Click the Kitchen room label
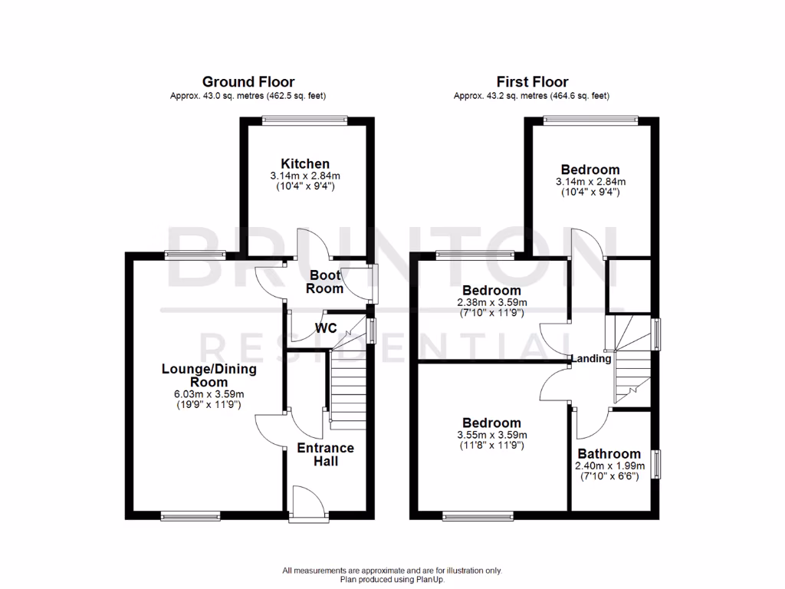tap(305, 163)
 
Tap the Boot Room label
tap(324, 281)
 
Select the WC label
tap(327, 328)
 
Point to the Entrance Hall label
tap(326, 454)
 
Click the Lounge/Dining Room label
tap(209, 375)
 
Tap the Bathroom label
tap(609, 453)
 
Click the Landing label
tap(591, 358)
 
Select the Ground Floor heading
tap(248, 81)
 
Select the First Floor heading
tap(532, 81)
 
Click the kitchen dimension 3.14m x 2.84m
tap(305, 176)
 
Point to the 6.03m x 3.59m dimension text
tap(209, 394)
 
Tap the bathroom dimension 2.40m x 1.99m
tap(609, 466)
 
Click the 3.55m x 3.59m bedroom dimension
tap(491, 435)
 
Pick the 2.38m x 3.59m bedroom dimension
tap(491, 303)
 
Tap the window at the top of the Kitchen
tap(304, 118)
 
